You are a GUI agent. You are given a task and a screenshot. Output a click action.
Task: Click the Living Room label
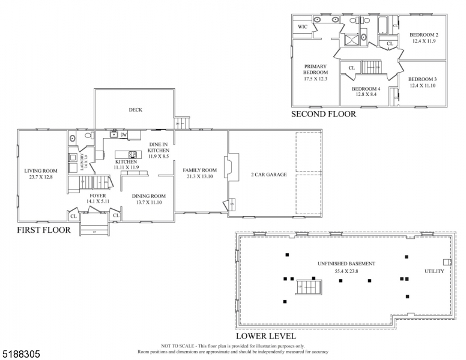click(40, 170)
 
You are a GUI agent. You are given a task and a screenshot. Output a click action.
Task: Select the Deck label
click(135, 110)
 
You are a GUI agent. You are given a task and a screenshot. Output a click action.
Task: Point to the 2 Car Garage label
click(268, 175)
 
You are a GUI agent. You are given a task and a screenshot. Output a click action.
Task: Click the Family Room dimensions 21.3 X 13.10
click(199, 177)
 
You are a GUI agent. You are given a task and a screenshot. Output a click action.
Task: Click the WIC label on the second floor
click(303, 27)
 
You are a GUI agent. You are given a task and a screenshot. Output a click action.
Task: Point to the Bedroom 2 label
click(423, 35)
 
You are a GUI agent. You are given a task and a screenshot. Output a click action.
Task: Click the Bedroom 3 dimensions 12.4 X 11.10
click(422, 86)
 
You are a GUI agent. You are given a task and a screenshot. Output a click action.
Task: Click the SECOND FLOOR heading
click(323, 113)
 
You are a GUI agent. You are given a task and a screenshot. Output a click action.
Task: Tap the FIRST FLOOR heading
click(43, 230)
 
